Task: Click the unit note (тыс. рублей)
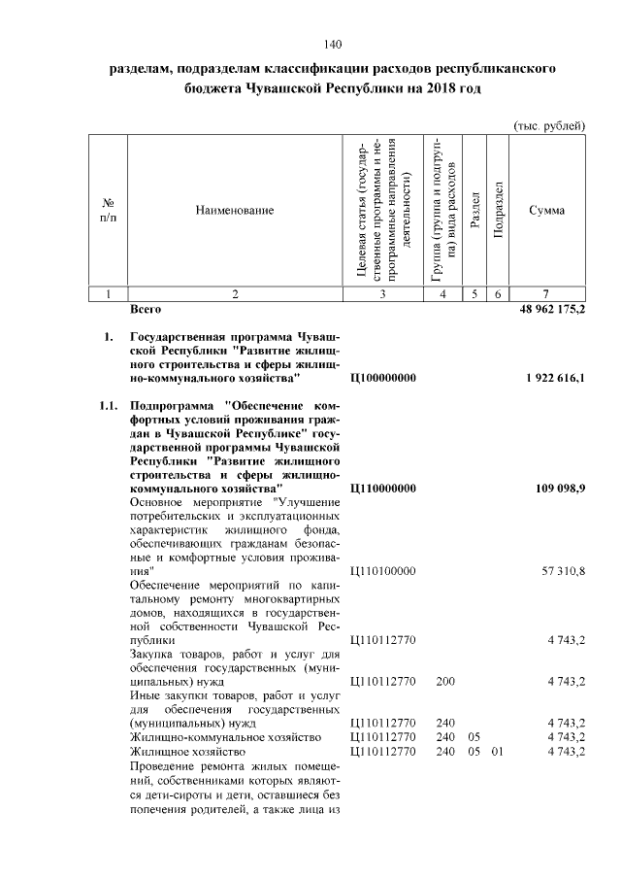(x=548, y=125)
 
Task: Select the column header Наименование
(x=234, y=210)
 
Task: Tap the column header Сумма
(x=548, y=210)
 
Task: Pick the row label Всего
(x=146, y=309)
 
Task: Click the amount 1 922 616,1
(x=555, y=377)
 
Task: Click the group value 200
(x=445, y=682)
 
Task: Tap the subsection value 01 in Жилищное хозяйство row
(x=498, y=751)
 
